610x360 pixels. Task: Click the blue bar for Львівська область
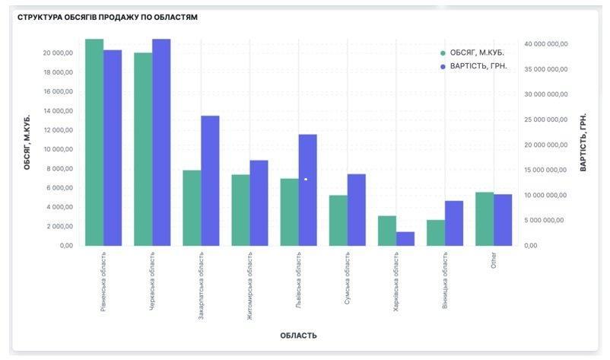point(307,190)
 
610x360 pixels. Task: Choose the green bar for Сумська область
point(338,221)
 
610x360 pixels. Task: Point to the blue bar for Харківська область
point(405,239)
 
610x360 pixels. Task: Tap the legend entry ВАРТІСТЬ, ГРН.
point(478,67)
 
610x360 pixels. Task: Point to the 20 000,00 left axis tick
point(58,53)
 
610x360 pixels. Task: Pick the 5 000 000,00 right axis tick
point(548,221)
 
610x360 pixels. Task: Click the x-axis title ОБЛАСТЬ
point(298,336)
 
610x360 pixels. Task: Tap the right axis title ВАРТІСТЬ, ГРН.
point(584,142)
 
